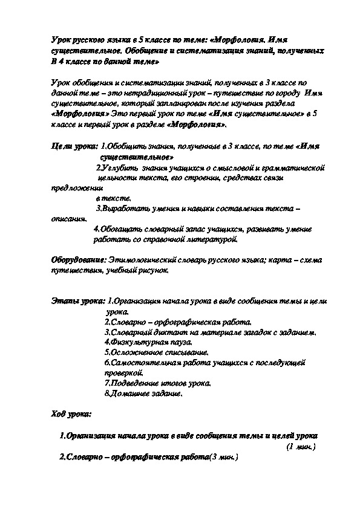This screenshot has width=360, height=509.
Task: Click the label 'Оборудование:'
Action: click(x=78, y=259)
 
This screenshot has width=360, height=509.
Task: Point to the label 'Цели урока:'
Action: click(x=73, y=146)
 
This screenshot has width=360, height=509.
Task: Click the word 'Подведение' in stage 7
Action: click(x=132, y=383)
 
